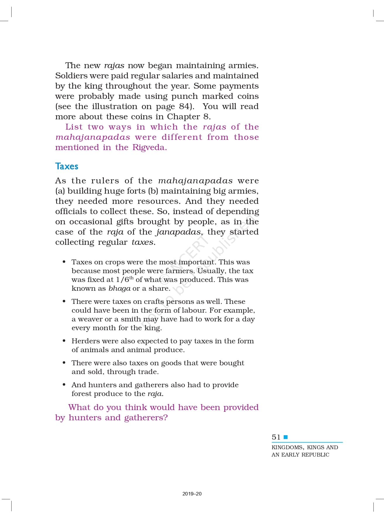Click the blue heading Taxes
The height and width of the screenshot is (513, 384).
[x=67, y=166]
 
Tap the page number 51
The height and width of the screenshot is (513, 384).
[x=276, y=437]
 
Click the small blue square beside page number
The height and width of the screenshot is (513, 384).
[x=286, y=437]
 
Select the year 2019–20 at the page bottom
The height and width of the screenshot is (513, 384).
[x=192, y=494]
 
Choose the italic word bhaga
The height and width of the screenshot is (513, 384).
[x=119, y=288]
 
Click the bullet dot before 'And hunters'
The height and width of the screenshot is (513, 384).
[x=64, y=385]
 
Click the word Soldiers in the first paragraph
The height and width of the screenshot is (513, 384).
[x=72, y=76]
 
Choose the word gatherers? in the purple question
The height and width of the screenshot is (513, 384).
[x=146, y=418]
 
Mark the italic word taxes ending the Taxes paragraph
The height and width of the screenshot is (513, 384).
[x=143, y=242]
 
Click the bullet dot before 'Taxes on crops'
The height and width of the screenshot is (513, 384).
[x=64, y=262]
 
